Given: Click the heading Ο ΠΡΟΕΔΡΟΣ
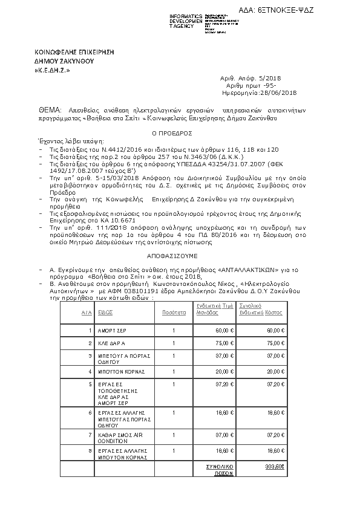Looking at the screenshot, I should point(172,132).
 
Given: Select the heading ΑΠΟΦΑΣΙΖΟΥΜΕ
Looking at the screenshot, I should point(171,256).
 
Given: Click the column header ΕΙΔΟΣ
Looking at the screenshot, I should point(106,313).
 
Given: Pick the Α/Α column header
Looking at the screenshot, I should point(87,313).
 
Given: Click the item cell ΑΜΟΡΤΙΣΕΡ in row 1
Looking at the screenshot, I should point(110,331).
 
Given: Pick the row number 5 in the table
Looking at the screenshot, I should point(90,384).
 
